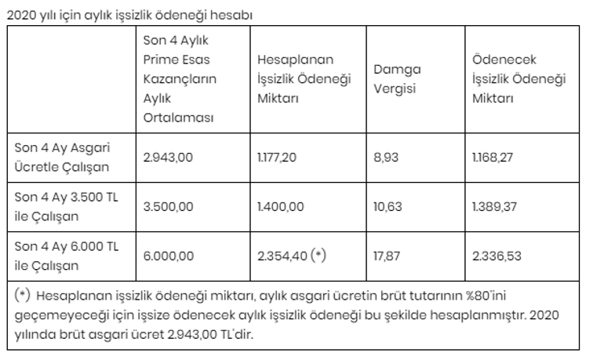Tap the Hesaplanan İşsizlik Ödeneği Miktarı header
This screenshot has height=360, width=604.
[x=296, y=78]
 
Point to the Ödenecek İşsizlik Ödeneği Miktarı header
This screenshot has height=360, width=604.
[x=519, y=78]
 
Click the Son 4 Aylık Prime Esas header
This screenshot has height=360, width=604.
[x=180, y=78]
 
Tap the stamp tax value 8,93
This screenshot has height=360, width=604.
[x=387, y=158]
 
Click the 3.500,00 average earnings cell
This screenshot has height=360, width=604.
[x=168, y=207]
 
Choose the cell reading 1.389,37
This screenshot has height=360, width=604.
[x=493, y=207]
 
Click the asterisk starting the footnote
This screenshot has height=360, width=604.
[x=23, y=296]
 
